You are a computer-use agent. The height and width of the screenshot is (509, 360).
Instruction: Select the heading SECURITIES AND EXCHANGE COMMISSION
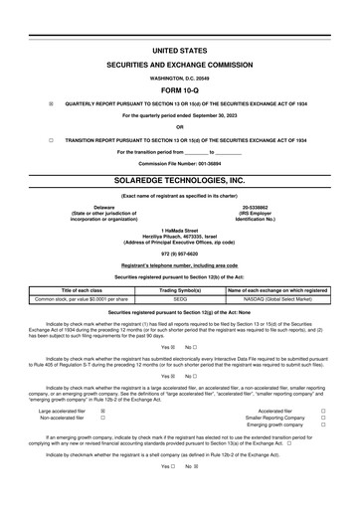pyautogui.click(x=180, y=62)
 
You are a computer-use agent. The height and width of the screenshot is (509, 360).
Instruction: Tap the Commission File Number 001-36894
pyautogui.click(x=180, y=163)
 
